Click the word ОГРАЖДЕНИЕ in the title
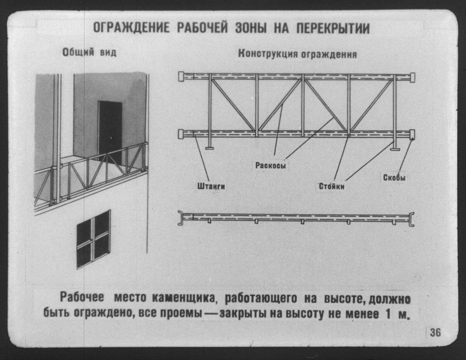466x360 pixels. (131, 28)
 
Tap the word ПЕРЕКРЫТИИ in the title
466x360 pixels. (333, 28)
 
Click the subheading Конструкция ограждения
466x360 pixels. (298, 54)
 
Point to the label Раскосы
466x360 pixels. (271, 166)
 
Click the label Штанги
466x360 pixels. (211, 186)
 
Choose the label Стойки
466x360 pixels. (332, 186)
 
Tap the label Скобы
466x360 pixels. (394, 178)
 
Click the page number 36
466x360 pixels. (436, 333)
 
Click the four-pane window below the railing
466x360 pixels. (94, 239)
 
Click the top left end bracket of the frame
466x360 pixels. (181, 77)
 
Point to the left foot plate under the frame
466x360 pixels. (210, 148)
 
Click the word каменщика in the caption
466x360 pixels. (185, 298)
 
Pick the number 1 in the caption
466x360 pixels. (389, 314)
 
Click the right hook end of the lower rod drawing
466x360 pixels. (412, 219)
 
